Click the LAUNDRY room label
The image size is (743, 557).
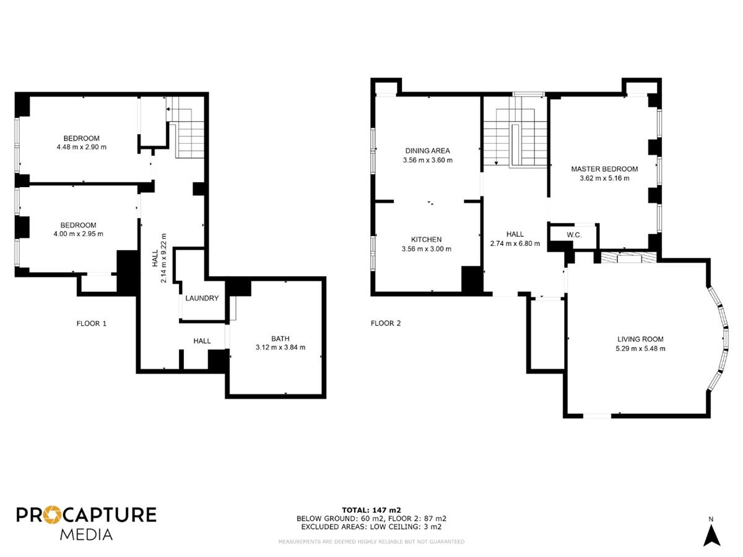[x=202, y=298]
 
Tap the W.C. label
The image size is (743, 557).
[x=574, y=235]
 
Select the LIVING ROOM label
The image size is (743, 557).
[x=640, y=340]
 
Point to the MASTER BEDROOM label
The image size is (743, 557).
[x=604, y=169]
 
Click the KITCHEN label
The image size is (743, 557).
[x=426, y=240]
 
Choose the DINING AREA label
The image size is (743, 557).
[x=427, y=151]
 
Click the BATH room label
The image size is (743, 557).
[x=280, y=339]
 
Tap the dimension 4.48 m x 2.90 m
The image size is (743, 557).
[x=82, y=147]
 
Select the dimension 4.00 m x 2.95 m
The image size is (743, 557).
[x=78, y=234]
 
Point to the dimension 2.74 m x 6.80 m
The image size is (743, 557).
[x=515, y=243]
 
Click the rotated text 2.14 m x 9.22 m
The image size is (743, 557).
[x=163, y=258]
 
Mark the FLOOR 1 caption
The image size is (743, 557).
[x=92, y=323]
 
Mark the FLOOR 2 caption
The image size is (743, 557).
[x=386, y=323]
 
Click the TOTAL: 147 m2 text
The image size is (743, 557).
[x=371, y=511]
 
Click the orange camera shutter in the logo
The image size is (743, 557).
[x=53, y=515]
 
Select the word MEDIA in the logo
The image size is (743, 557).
[x=86, y=535]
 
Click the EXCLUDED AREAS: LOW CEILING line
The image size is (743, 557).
[x=371, y=527]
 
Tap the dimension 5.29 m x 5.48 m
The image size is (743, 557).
[x=640, y=348]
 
